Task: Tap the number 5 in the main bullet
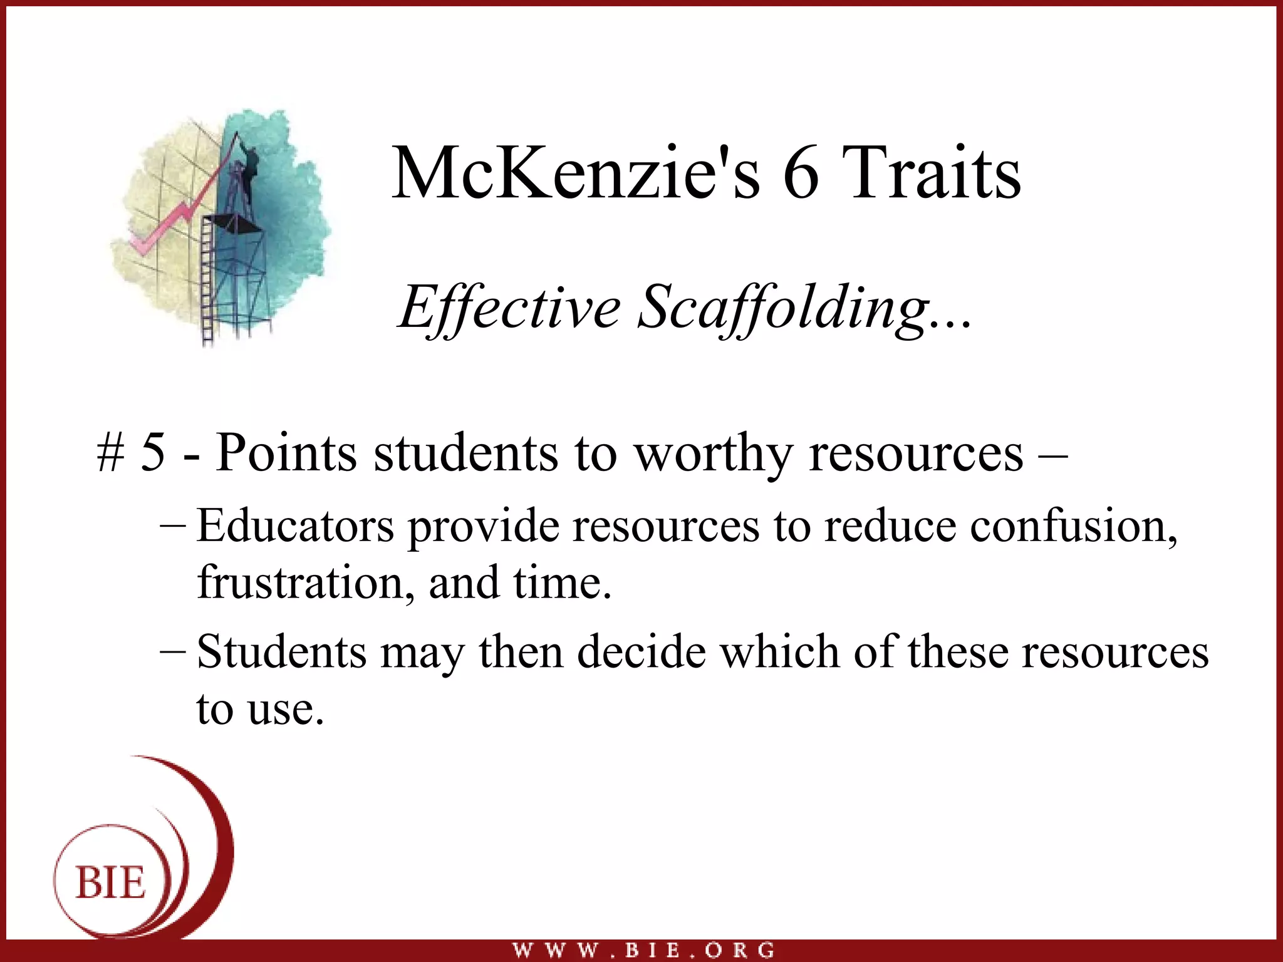[153, 453]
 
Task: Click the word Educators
[295, 525]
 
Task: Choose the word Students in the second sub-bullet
[281, 652]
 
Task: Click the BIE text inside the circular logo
[111, 884]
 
